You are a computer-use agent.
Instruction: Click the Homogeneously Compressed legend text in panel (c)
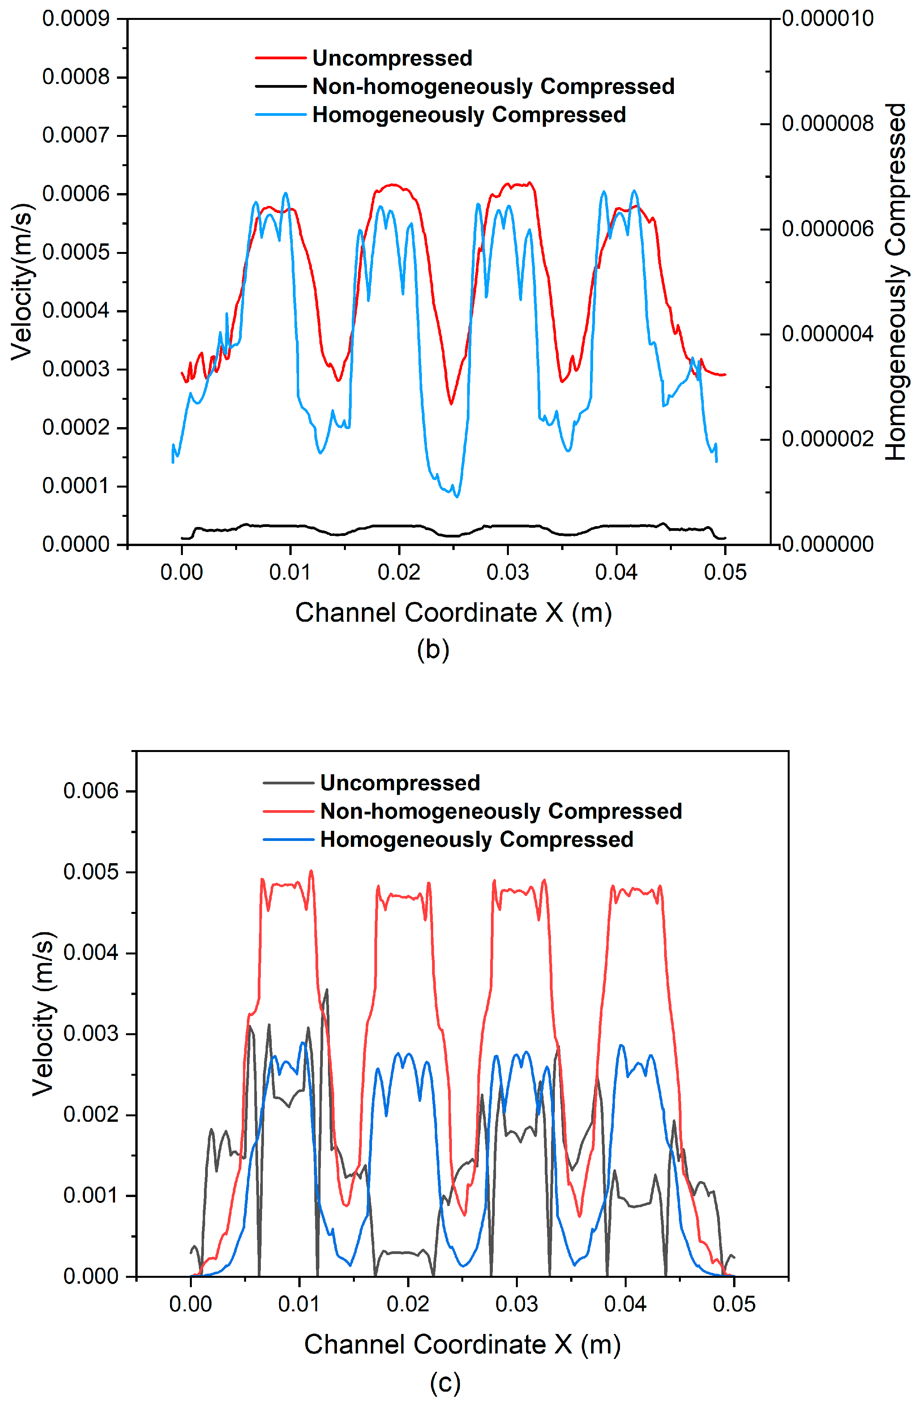(x=476, y=839)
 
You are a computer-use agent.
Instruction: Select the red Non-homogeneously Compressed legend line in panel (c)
(x=288, y=811)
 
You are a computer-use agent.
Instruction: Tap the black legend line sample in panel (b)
(x=280, y=87)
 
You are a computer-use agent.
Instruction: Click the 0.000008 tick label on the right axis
(x=827, y=124)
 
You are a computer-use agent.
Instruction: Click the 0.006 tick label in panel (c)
(x=91, y=791)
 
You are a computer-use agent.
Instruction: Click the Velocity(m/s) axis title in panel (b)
(x=22, y=282)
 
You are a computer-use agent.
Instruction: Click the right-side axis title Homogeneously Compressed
(x=895, y=282)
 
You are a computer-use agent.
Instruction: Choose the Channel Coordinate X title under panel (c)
(x=462, y=1344)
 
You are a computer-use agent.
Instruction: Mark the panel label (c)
(x=445, y=1382)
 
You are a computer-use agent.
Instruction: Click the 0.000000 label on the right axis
(x=827, y=544)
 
